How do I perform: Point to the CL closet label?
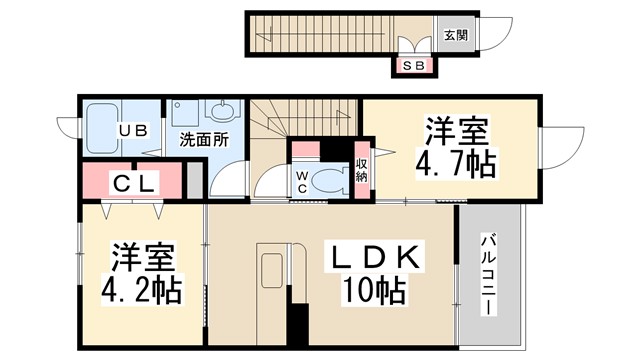pyautogui.click(x=132, y=183)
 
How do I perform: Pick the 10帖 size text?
pyautogui.click(x=375, y=292)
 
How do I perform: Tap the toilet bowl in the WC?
pyautogui.click(x=327, y=181)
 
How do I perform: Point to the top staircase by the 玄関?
pyautogui.click(x=320, y=35)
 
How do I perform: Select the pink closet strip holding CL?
pyautogui.click(x=132, y=183)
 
